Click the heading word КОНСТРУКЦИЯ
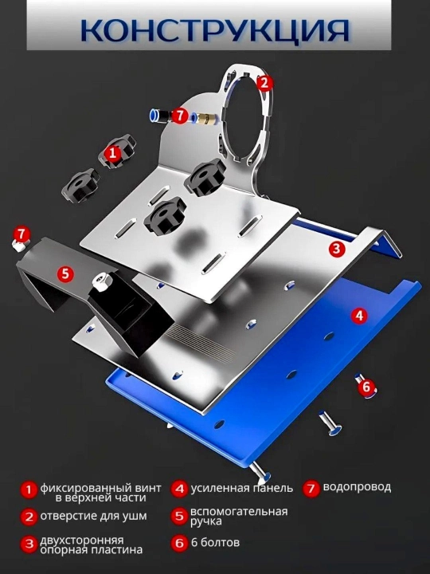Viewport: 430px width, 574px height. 215,30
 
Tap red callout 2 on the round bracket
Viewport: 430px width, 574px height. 264,83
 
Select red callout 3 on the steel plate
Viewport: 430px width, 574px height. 336,249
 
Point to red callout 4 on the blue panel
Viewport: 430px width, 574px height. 359,315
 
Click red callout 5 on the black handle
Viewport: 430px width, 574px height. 65,273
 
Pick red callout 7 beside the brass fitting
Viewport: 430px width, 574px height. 179,116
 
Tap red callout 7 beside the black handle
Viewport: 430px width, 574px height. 21,233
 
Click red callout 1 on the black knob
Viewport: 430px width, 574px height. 112,152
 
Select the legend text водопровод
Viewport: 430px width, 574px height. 357,488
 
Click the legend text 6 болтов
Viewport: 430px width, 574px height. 215,542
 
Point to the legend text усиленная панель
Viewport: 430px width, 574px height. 242,489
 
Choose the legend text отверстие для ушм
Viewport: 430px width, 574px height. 94,516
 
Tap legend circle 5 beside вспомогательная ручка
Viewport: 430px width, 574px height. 179,516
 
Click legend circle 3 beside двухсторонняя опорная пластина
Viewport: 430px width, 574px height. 29,544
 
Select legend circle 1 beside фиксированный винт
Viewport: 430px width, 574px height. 29,489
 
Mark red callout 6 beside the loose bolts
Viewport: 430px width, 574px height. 366,387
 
